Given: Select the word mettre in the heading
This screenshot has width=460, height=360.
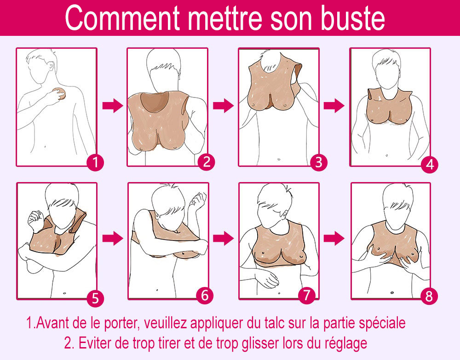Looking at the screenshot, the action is [225, 18].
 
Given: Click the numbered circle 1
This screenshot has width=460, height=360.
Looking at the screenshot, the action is [95, 162].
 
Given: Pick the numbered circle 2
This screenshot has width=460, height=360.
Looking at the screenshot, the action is [206, 162].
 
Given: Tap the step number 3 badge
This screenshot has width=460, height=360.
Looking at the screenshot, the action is [318, 163].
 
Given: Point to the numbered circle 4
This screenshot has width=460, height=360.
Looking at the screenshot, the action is [430, 164].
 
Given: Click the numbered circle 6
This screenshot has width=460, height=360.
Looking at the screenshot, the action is [205, 295].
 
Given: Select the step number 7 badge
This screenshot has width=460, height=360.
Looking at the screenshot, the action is [307, 295].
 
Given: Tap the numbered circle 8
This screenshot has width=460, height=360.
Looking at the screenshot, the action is [429, 297].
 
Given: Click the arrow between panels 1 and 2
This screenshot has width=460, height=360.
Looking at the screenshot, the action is [113, 106].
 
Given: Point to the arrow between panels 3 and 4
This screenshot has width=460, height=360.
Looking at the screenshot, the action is [334, 106].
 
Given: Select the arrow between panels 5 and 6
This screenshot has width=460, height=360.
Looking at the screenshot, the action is [113, 238].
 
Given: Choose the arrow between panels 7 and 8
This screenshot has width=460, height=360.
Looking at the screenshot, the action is [334, 238].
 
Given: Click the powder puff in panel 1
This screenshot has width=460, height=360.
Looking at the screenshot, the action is [61, 93].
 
